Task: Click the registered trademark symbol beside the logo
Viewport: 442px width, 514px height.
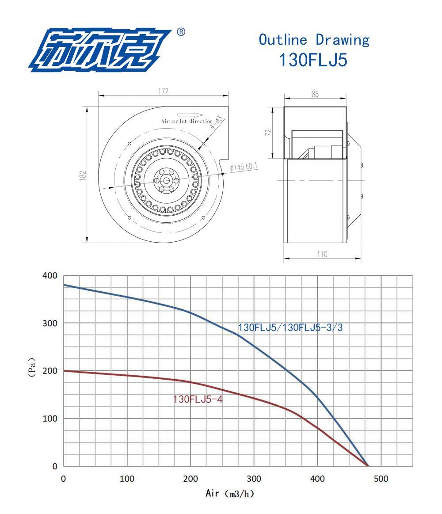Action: click(181, 32)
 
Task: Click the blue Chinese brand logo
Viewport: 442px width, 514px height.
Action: click(100, 50)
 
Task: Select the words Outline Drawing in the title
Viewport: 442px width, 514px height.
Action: click(314, 40)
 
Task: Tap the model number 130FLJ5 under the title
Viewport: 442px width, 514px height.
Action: click(313, 60)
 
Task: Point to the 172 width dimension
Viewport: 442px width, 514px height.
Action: click(163, 91)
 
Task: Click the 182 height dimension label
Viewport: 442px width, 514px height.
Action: click(83, 175)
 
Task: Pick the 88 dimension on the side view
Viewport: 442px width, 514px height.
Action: click(315, 94)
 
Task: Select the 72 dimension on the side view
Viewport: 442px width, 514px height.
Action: click(269, 133)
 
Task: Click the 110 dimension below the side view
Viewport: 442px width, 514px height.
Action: click(322, 255)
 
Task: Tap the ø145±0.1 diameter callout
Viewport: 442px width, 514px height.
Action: click(244, 167)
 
